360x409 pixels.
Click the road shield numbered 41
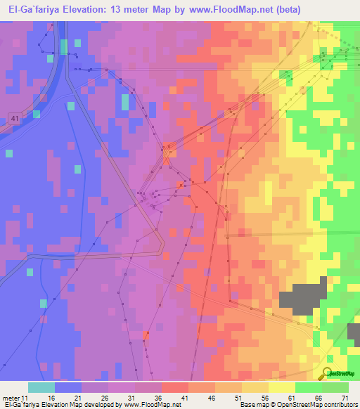(15, 119)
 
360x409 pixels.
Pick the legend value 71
(345, 397)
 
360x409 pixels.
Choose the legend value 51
(240, 397)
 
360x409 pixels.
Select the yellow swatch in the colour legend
(281, 387)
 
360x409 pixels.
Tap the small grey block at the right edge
(354, 333)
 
